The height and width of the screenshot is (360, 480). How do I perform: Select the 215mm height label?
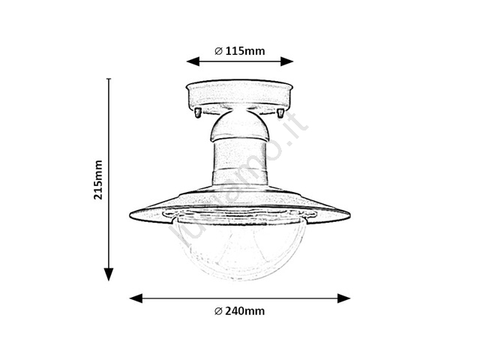(98, 180)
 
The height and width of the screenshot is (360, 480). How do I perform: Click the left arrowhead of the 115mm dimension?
(193, 61)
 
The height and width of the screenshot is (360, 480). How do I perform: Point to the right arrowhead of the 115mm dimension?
(286, 61)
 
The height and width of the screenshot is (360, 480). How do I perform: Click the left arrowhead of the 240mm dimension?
(136, 298)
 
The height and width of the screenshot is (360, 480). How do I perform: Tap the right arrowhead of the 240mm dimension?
(343, 298)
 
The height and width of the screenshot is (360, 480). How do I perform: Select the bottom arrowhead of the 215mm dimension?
(109, 274)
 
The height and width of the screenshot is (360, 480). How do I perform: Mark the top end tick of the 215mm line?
(109, 79)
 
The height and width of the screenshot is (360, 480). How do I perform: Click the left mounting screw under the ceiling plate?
(198, 112)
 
